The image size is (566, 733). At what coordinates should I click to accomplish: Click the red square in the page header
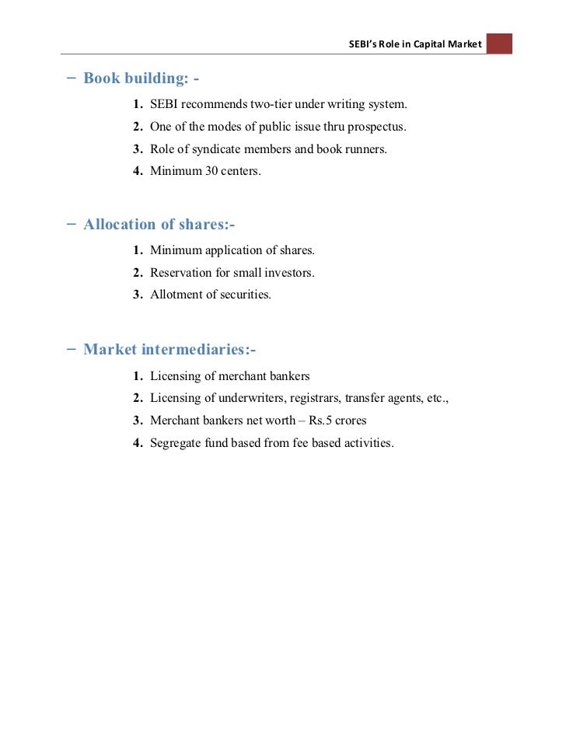click(499, 44)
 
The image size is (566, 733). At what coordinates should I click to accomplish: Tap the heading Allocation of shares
click(159, 225)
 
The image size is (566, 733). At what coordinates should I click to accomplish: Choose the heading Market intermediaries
click(169, 350)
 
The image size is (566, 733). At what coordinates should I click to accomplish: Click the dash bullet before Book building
click(72, 78)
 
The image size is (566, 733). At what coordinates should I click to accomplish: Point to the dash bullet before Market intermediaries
click(72, 349)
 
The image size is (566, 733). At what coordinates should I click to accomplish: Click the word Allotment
click(173, 295)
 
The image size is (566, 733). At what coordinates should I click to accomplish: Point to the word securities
click(244, 295)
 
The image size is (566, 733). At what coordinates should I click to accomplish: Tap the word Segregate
click(176, 444)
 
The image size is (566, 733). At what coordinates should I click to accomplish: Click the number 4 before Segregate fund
click(136, 444)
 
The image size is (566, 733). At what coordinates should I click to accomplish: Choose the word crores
click(351, 421)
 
